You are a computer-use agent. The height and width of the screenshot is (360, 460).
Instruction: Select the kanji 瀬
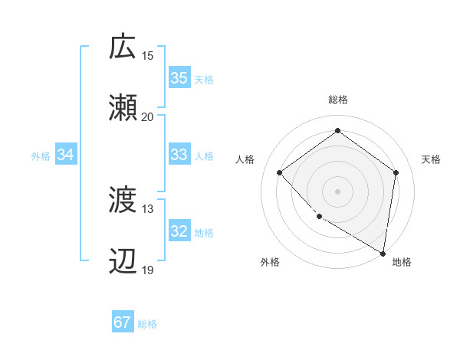tap(123, 108)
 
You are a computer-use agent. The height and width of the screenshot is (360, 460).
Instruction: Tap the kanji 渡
tap(123, 201)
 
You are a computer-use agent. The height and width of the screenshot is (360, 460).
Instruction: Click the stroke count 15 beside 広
tap(148, 55)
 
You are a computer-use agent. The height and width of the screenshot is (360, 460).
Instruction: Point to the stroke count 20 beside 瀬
tap(148, 117)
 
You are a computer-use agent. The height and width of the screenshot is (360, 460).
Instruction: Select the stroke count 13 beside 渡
tap(148, 209)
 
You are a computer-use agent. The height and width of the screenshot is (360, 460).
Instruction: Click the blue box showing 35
tap(179, 78)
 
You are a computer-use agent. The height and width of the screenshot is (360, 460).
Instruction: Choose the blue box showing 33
tap(179, 155)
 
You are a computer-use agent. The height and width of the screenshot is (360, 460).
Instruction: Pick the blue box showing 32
tap(179, 232)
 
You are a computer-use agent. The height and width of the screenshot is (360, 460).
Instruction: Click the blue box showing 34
tap(66, 155)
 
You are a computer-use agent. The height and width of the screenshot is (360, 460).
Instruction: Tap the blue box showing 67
tap(123, 322)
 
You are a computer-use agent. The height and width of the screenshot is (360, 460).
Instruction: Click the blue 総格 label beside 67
tap(147, 324)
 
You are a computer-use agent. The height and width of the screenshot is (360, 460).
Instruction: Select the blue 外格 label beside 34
tap(41, 156)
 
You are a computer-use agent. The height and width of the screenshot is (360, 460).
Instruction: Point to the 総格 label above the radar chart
tap(337, 100)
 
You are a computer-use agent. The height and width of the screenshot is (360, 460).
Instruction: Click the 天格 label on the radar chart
tap(431, 159)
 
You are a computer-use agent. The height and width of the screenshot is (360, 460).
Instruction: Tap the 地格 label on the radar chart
tap(402, 262)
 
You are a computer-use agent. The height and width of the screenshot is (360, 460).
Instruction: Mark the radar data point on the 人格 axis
tap(280, 173)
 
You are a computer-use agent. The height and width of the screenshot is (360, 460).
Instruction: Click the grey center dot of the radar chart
tap(337, 191)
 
